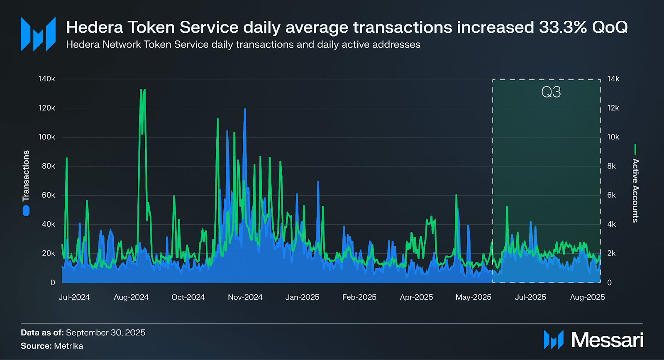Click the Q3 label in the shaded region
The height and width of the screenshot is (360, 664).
551,92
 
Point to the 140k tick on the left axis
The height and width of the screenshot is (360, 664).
46,79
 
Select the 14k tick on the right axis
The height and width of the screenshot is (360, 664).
613,79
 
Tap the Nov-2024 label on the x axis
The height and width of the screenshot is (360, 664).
245,297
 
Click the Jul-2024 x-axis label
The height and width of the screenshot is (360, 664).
74,297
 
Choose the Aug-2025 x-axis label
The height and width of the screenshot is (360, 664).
587,297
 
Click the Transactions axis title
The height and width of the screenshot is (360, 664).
26,176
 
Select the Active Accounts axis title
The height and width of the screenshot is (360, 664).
635,191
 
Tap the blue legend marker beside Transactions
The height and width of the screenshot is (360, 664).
26,211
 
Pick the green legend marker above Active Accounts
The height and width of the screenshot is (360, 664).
635,149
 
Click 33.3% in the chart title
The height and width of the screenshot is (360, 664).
563,27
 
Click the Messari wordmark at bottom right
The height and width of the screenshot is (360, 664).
607,340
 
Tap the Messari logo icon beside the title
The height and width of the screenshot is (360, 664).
38,34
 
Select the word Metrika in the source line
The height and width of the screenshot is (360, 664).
68,346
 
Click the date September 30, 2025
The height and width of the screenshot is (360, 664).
105,333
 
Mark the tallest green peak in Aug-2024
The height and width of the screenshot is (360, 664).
142,90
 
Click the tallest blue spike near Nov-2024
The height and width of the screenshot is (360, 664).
245,110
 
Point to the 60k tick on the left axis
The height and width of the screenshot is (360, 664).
48,195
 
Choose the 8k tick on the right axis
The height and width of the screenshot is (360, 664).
611,166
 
